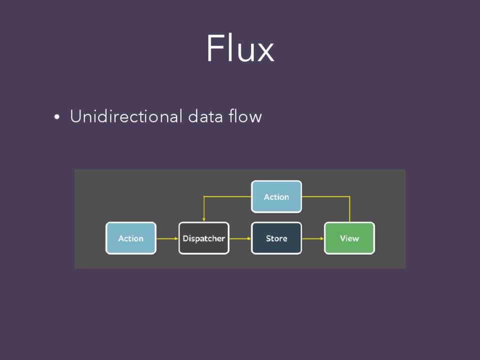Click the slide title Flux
240,49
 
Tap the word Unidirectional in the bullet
126,116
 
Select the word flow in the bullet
245,116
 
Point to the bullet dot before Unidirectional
57,117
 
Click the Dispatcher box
204,238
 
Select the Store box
276,238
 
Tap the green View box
349,238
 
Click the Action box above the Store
276,196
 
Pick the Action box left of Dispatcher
131,238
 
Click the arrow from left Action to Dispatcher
167,238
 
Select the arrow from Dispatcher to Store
240,238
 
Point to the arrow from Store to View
313,238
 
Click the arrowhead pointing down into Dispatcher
204,218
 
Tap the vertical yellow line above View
349,210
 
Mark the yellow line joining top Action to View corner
325,196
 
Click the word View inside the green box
349,238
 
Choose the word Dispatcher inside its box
204,238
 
